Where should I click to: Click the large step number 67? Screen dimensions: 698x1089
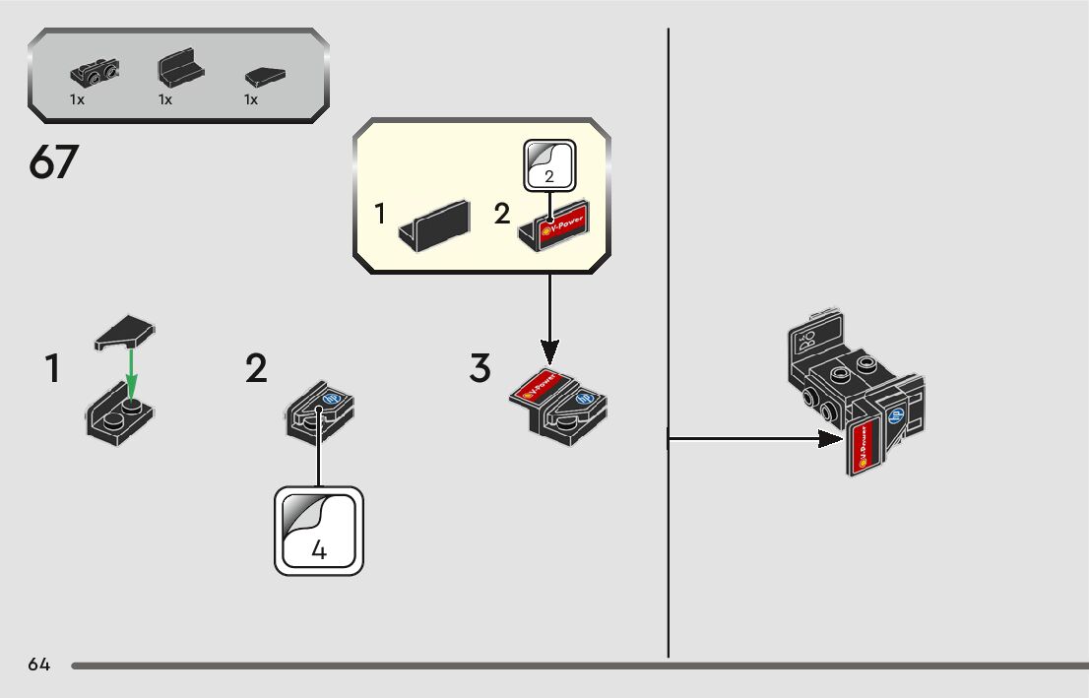coord(53,162)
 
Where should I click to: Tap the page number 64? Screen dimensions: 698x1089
coord(39,665)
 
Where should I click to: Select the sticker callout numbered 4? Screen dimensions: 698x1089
coord(318,532)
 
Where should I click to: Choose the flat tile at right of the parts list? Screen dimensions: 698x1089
coord(264,74)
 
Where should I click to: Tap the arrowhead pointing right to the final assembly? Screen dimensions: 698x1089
coord(832,439)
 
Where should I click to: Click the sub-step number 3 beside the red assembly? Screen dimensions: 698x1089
coord(480,369)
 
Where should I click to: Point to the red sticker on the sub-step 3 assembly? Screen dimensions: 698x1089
coord(537,384)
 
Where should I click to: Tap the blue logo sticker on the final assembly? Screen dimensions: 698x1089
coord(897,416)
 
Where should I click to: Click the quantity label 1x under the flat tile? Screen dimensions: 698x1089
coord(251,99)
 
